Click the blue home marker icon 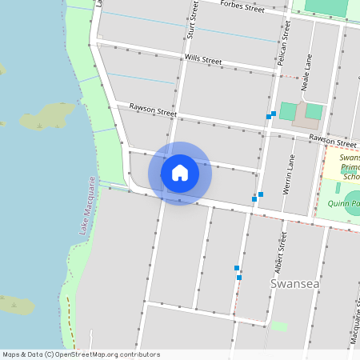pos(179,173)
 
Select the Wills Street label pos(203,60)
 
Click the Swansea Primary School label pos(350,167)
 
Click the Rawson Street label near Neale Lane pos(332,139)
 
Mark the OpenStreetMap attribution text pos(81,354)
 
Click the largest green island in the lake pos(47,117)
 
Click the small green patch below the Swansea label pos(278,326)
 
